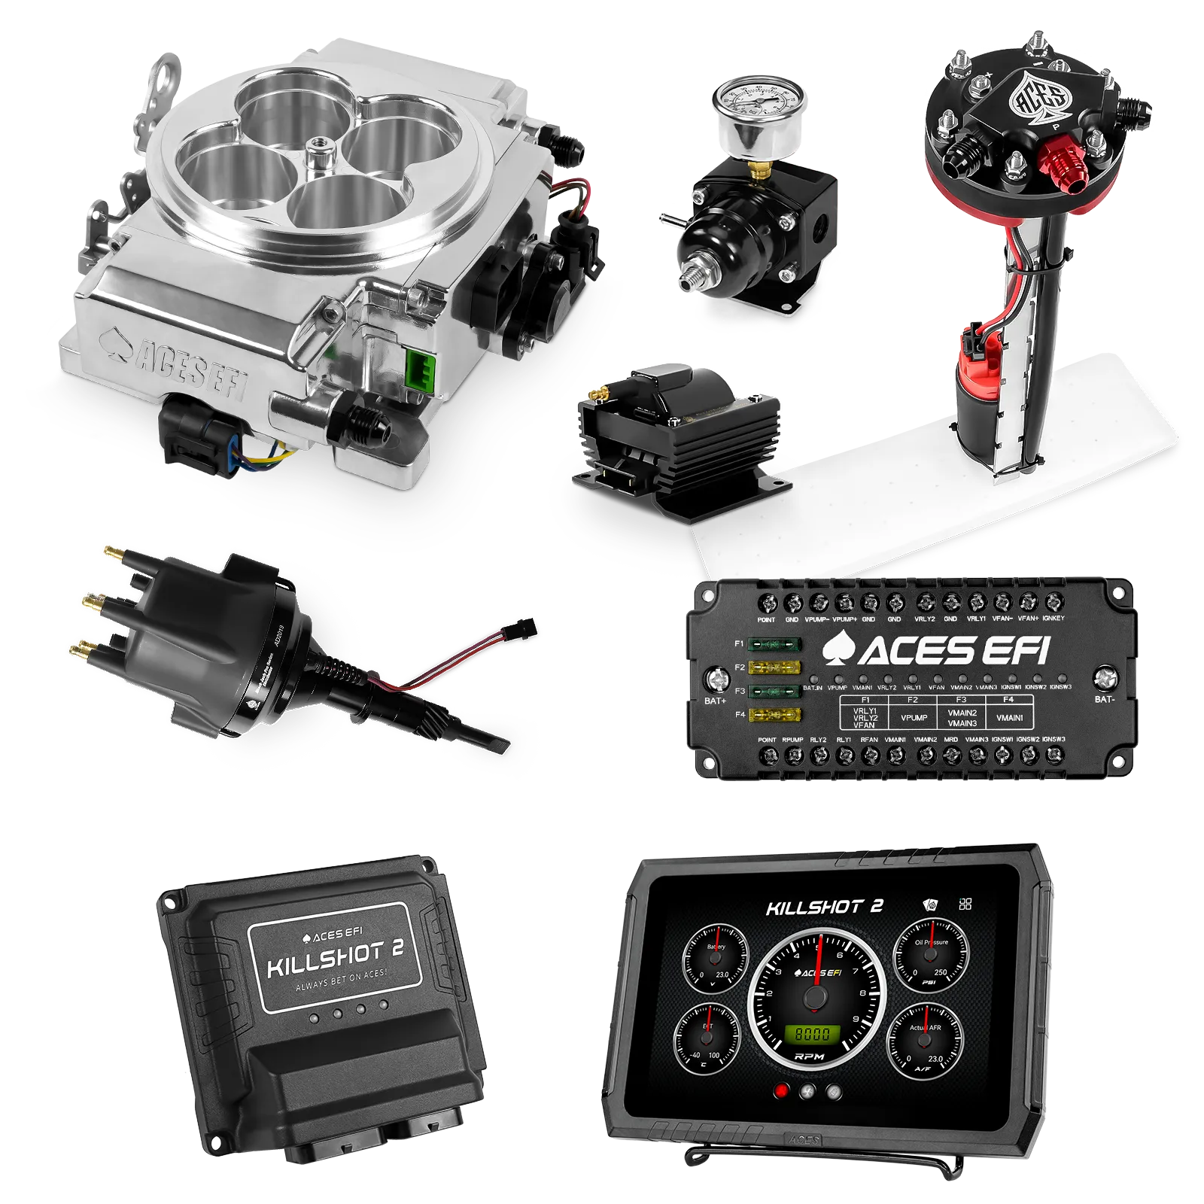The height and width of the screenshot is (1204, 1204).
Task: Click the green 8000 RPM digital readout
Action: [x=812, y=1034]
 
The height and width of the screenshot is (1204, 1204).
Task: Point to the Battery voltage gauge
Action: [x=716, y=959]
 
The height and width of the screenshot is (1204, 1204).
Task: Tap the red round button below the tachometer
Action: [x=781, y=1090]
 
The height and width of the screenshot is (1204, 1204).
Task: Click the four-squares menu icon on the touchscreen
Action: [x=965, y=904]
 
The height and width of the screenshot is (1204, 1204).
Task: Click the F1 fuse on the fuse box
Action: [x=774, y=644]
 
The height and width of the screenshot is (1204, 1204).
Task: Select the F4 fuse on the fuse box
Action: [x=774, y=714]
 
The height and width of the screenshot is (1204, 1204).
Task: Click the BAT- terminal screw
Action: [x=1104, y=678]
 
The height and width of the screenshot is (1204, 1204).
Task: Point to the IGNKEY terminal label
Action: [x=1053, y=619]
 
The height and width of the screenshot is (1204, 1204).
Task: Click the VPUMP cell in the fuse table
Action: [x=914, y=718]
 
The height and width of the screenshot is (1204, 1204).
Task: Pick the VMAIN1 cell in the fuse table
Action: [x=1009, y=718]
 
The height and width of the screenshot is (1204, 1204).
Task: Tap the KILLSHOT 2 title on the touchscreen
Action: [x=824, y=907]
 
